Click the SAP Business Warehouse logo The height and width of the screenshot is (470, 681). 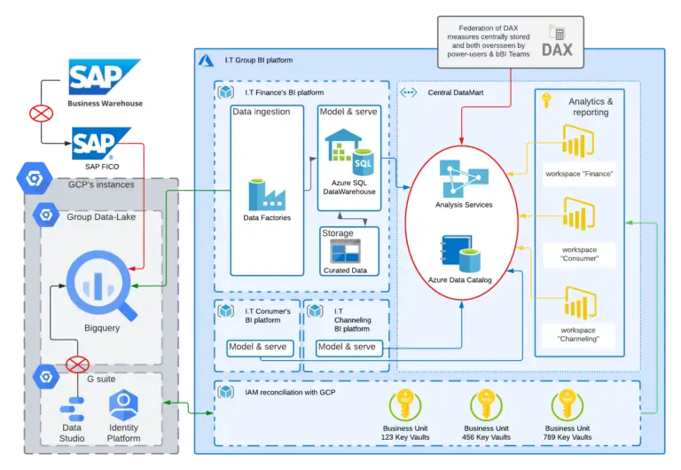pyautogui.click(x=106, y=81)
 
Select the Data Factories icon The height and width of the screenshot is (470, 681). pyautogui.click(x=266, y=193)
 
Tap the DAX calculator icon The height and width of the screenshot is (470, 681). pyautogui.click(x=557, y=33)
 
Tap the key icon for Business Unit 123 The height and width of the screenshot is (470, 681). pyautogui.click(x=403, y=406)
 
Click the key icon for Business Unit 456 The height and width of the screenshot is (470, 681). pyautogui.click(x=486, y=406)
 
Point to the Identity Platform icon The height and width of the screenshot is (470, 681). pyautogui.click(x=123, y=408)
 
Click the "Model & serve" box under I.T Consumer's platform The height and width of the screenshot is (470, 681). pyautogui.click(x=257, y=347)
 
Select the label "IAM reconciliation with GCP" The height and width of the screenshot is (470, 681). pyautogui.click(x=283, y=391)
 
